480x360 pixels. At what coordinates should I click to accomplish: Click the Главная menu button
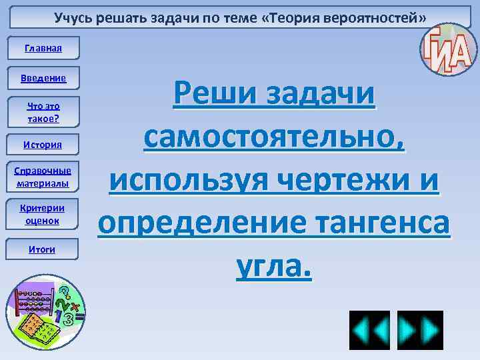(x=43, y=48)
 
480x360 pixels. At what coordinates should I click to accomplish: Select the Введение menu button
(x=44, y=78)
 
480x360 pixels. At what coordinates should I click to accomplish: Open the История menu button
(x=44, y=145)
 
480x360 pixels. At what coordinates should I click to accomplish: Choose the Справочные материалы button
(x=44, y=177)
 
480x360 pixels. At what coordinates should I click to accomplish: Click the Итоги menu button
(x=44, y=249)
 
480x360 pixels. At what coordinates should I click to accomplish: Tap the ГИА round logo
(x=445, y=50)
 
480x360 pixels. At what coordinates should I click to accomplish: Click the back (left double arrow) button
(x=369, y=331)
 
